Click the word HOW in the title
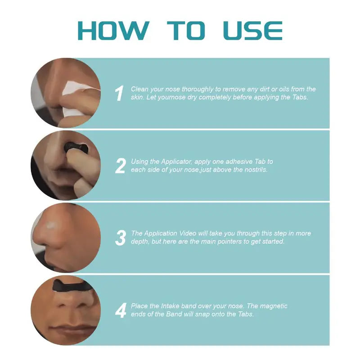[x=112, y=30]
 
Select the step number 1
[x=119, y=94]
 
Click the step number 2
[x=120, y=166]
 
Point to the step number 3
[x=120, y=238]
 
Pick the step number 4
[x=120, y=310]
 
